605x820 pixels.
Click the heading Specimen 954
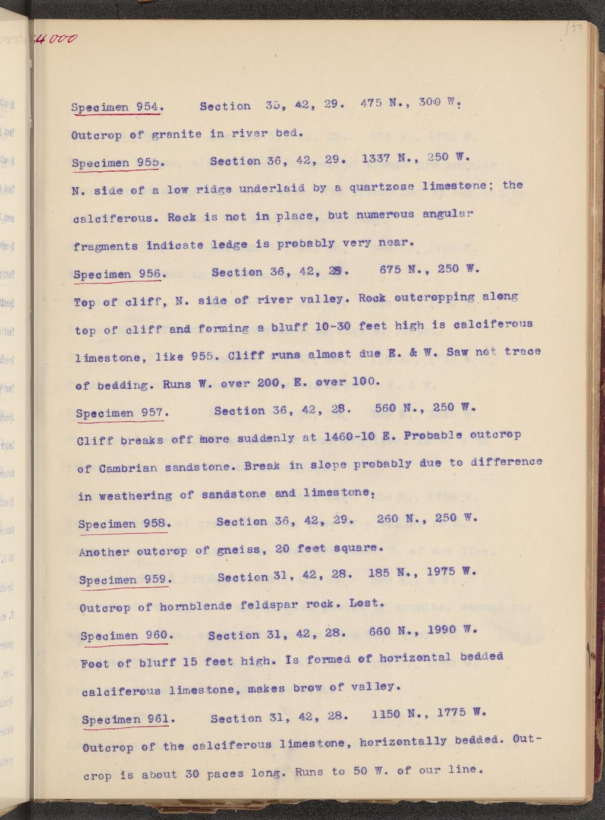[x=116, y=107]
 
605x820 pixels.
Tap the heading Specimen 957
[x=122, y=412]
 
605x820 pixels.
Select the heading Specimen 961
[x=128, y=720]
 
